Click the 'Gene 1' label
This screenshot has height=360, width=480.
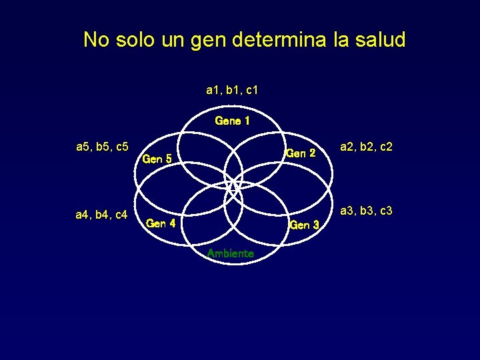coord(232,121)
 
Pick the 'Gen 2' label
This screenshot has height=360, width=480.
coord(300,153)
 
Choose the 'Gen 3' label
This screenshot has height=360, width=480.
coord(304,225)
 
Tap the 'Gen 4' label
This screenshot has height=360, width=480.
coord(161,223)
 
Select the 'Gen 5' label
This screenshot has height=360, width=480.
coord(158,159)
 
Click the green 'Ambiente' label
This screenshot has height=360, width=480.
coord(230,253)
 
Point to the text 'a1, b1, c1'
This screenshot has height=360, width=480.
coord(233,89)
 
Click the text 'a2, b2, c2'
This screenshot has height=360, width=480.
coord(366,147)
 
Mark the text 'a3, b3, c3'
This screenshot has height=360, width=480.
coord(366,211)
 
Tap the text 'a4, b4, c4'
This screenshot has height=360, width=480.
coord(102,214)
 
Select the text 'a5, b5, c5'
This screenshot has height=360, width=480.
coord(102,146)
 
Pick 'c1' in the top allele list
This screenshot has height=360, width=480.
coord(252,89)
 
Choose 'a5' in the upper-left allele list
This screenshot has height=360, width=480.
coord(83,146)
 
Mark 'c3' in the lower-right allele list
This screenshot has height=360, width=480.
coord(385,211)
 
